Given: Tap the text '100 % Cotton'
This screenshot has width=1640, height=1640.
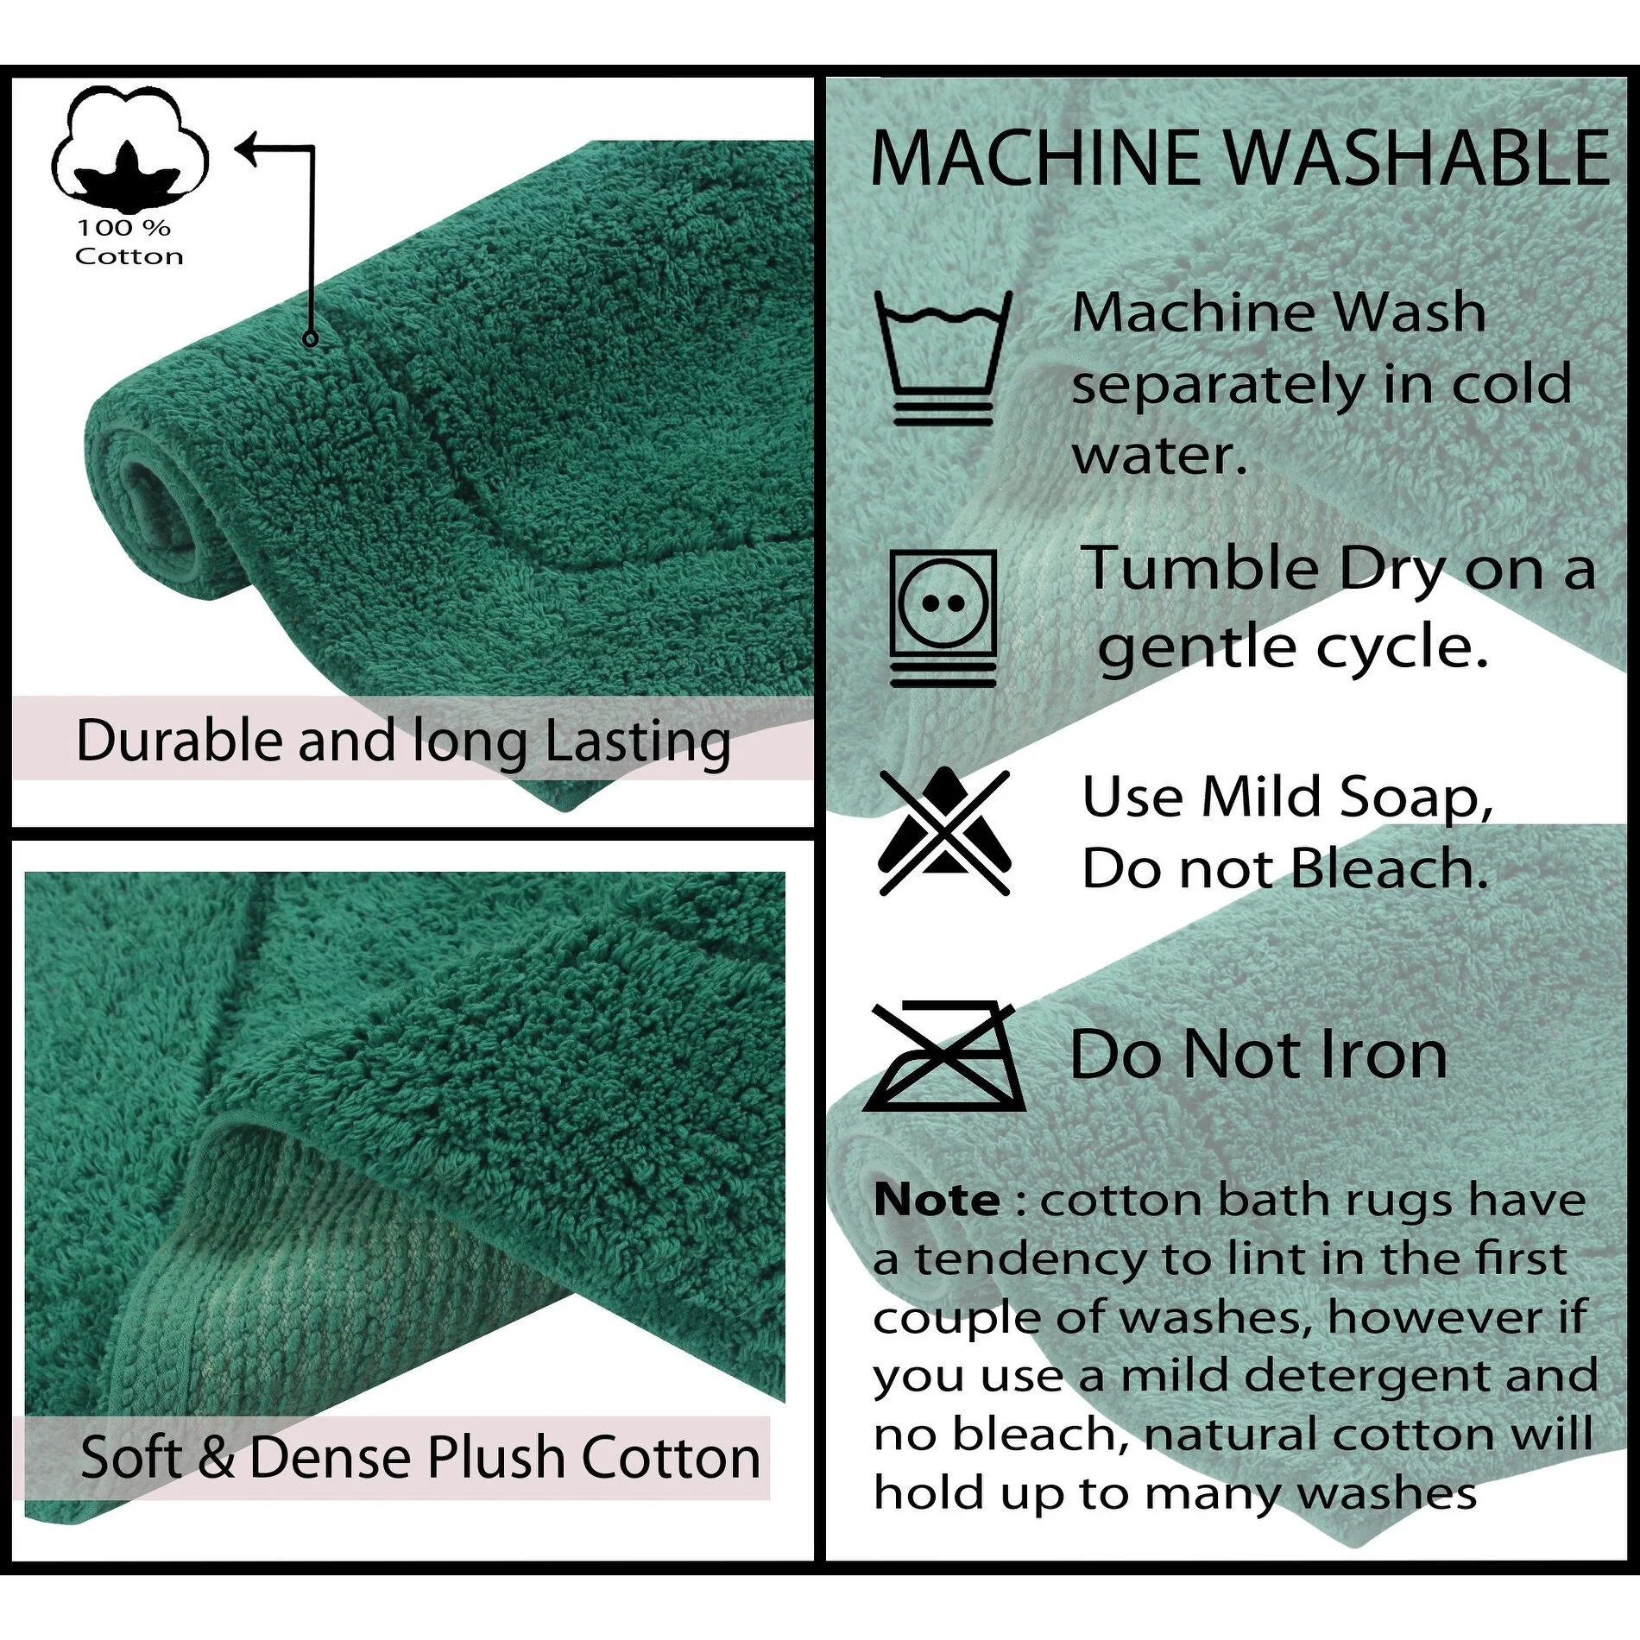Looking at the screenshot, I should [128, 243].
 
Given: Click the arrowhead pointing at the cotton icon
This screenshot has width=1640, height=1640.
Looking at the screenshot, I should [246, 148].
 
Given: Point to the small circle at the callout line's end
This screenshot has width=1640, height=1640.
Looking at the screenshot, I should [311, 339].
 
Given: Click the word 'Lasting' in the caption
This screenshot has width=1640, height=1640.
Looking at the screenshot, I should [638, 742].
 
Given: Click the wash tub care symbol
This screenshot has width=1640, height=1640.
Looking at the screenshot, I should [943, 358].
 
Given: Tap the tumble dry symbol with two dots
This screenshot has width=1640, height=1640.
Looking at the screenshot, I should [943, 617].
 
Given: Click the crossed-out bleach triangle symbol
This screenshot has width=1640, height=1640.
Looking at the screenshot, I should [944, 831].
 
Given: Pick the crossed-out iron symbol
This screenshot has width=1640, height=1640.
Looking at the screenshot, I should [943, 1057].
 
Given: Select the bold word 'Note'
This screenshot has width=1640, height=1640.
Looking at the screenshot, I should [937, 1200].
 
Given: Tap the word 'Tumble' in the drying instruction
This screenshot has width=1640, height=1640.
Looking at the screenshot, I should [1200, 570].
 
